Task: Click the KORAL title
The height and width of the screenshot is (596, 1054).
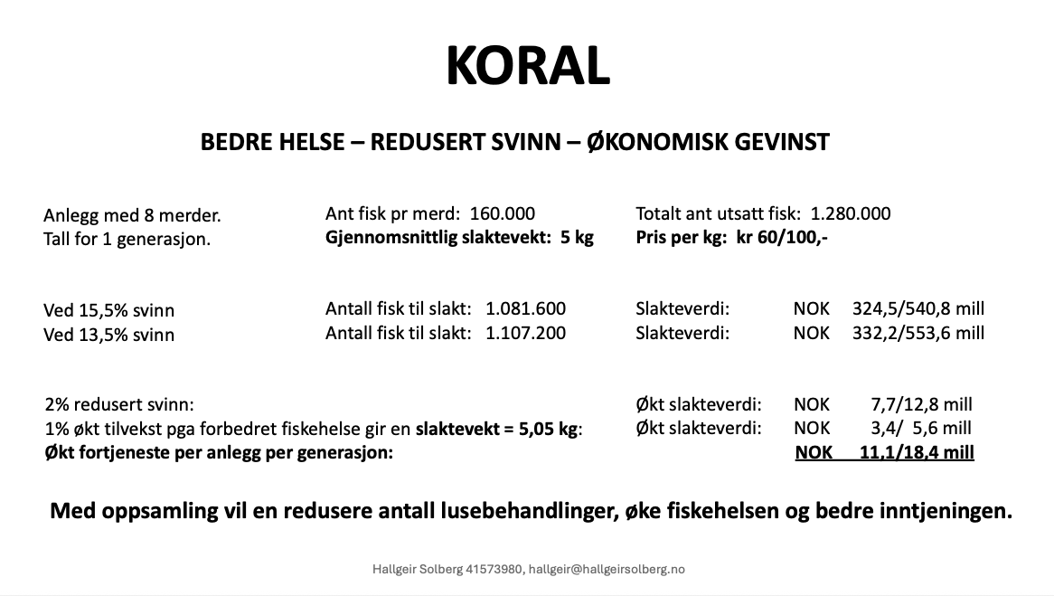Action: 527,65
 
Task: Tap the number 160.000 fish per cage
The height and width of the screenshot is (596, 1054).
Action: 502,213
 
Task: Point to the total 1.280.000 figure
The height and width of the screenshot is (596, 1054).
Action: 850,213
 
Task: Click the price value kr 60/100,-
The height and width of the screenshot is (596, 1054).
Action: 783,238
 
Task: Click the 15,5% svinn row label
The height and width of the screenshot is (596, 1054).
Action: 108,310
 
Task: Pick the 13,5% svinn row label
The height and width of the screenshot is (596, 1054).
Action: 108,335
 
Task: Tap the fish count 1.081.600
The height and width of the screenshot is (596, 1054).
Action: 525,308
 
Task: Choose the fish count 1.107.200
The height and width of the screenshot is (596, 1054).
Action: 525,333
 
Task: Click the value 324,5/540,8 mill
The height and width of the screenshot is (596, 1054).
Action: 918,308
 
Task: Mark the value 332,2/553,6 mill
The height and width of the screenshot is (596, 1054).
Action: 918,333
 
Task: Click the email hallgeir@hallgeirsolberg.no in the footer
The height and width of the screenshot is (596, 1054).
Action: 607,569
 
